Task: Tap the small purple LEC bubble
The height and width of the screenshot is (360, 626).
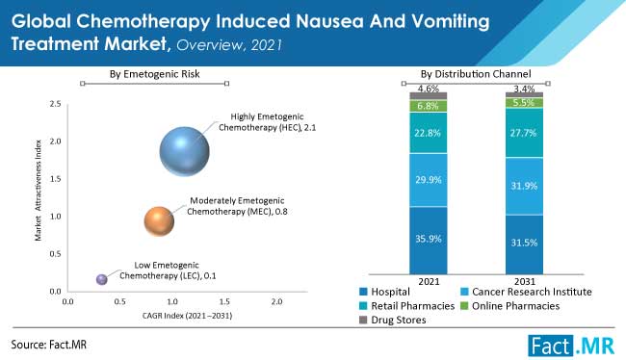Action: tap(102, 279)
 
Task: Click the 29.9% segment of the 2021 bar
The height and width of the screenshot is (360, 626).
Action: tap(430, 180)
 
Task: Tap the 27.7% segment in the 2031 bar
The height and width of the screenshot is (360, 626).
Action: tap(523, 132)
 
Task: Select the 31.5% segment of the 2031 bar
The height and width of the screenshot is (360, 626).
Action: tap(523, 244)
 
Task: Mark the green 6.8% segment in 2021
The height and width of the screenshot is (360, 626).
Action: tap(430, 106)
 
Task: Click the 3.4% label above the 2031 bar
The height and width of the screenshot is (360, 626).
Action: tap(523, 88)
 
